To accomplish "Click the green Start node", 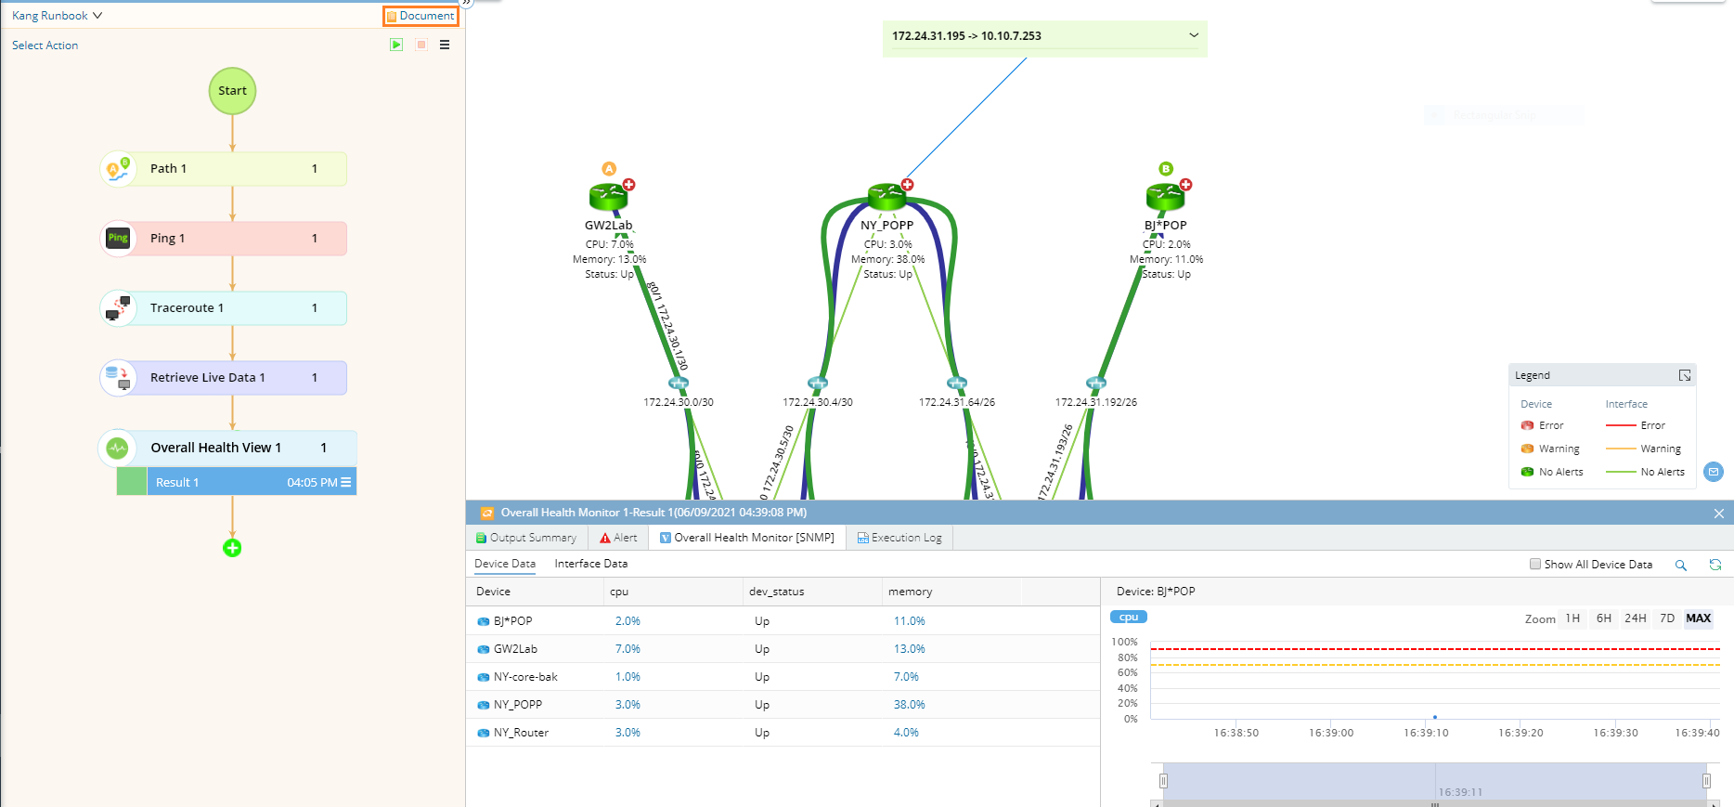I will (x=232, y=91).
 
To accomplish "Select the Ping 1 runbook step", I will (x=223, y=239).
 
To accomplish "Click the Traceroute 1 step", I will (x=223, y=308).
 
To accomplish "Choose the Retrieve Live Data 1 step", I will (x=223, y=378).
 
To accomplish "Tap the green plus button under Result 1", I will (x=232, y=548).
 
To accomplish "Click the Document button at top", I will (x=421, y=16).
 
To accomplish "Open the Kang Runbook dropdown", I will (x=57, y=16).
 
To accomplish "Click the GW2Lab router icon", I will (x=609, y=196).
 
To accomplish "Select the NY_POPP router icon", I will (x=887, y=195).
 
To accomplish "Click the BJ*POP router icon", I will (x=1166, y=196).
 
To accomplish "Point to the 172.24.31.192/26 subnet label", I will (x=1095, y=402).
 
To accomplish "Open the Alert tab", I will (x=619, y=538).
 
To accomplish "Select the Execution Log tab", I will (x=899, y=538).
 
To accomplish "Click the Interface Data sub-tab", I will (x=590, y=564).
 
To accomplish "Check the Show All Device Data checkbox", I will (x=1535, y=564).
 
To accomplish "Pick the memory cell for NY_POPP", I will (x=909, y=705).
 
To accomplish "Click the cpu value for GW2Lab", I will (x=628, y=649).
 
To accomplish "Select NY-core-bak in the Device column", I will (x=525, y=677).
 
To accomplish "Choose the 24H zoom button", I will (x=1635, y=618).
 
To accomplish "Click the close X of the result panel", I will (x=1718, y=514).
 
